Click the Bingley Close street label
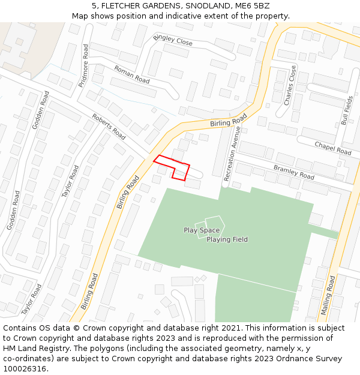(x=173, y=40)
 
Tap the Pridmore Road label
(x=84, y=65)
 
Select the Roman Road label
(x=131, y=74)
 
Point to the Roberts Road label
(x=109, y=127)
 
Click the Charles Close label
(x=290, y=86)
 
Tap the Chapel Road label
(x=332, y=148)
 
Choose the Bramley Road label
(x=293, y=172)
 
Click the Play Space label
(x=202, y=230)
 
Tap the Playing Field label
(x=227, y=240)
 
